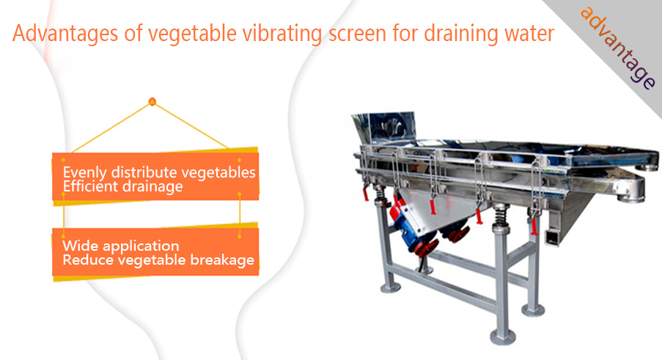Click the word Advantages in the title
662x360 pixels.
coord(65,33)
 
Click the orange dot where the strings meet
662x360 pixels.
coord(152,102)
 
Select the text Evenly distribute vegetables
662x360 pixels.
coord(159,172)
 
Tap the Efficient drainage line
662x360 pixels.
coord(123,186)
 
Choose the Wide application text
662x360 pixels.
coord(121,246)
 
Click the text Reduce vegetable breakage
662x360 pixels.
coord(158,260)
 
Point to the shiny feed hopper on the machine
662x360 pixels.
coord(384,129)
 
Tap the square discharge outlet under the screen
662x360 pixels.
coord(552,237)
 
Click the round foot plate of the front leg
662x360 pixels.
coord(503,337)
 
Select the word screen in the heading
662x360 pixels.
coord(357,34)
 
